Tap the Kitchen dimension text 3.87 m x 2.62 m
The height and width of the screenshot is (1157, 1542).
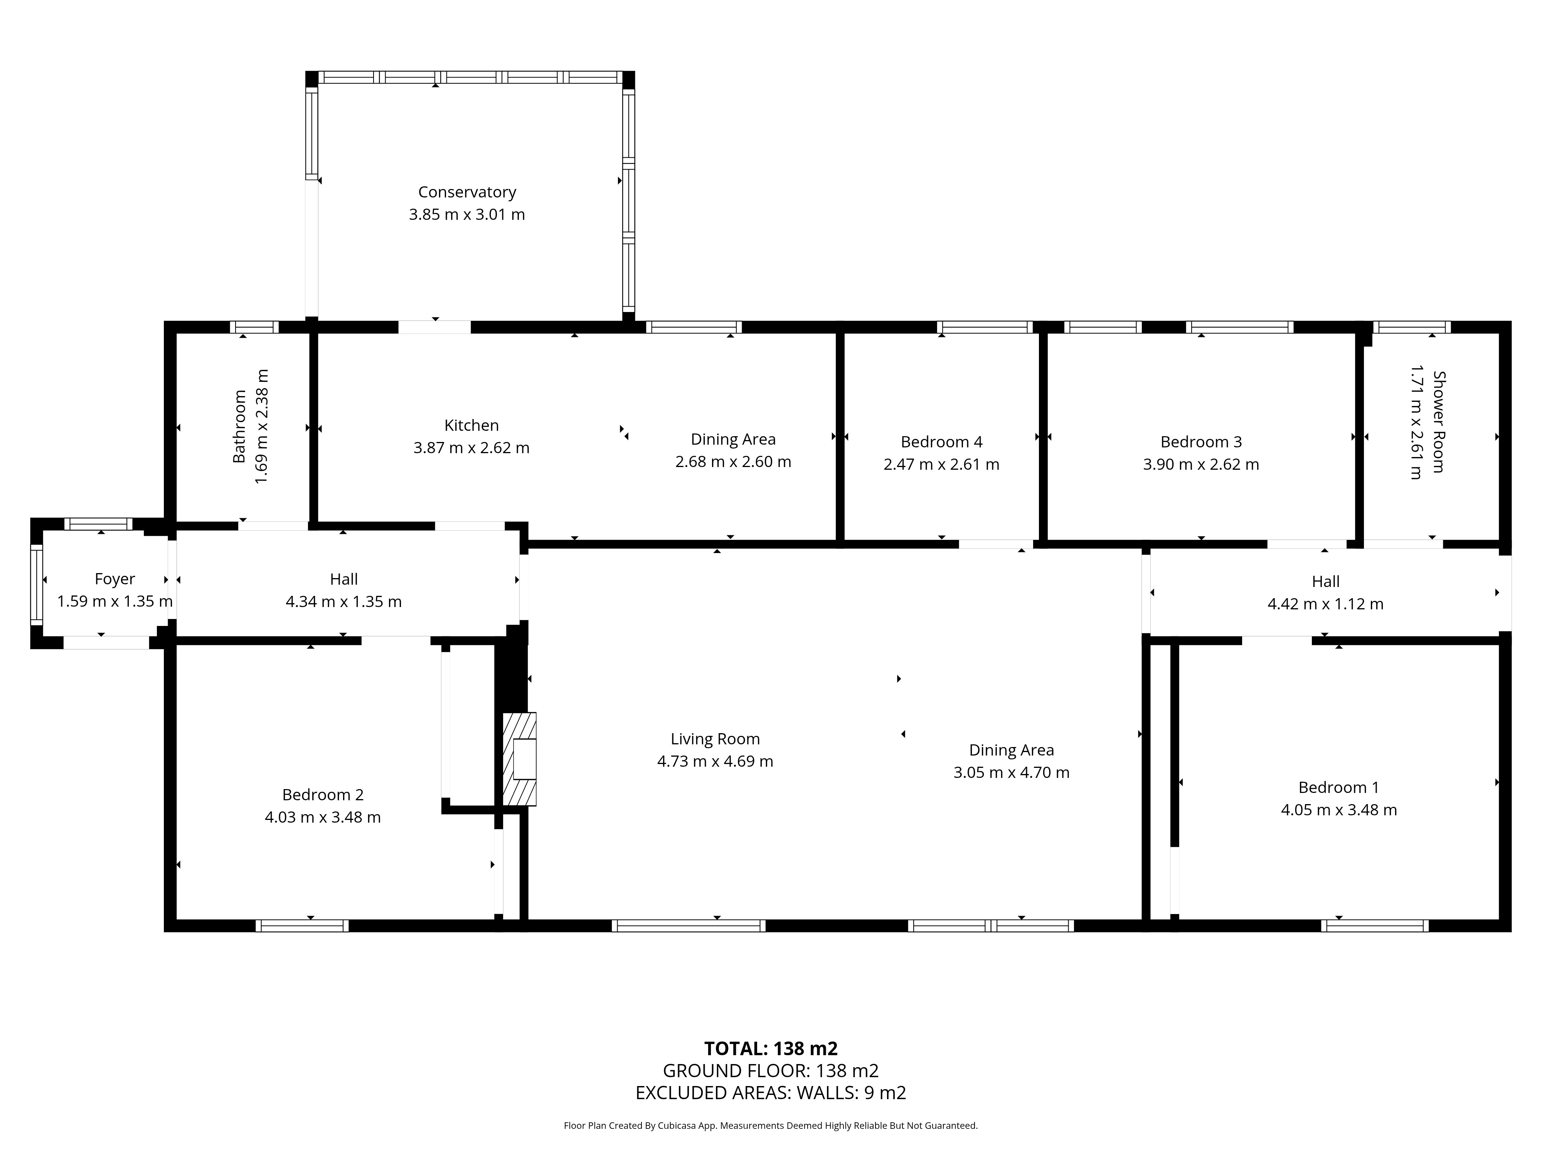click(471, 448)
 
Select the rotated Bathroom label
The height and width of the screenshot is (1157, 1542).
click(239, 426)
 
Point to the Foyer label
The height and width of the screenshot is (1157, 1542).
click(115, 579)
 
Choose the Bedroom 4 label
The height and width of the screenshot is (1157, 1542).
click(942, 442)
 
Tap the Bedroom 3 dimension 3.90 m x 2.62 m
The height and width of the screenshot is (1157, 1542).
click(1201, 464)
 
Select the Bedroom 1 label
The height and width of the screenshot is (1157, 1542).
click(1338, 788)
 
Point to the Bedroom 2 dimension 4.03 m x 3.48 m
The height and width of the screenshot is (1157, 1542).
click(323, 817)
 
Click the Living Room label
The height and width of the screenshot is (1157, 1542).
click(715, 739)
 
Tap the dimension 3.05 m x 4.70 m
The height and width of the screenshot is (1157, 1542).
click(1012, 773)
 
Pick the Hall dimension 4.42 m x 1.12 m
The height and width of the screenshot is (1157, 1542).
click(1325, 604)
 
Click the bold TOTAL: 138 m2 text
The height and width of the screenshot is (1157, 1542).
click(771, 1049)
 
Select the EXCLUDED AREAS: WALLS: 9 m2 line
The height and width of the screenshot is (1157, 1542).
click(771, 1093)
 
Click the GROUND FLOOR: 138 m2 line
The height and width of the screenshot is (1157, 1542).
click(771, 1071)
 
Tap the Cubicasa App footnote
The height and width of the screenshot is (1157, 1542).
click(771, 1126)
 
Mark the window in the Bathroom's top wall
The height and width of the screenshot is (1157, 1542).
click(254, 327)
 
